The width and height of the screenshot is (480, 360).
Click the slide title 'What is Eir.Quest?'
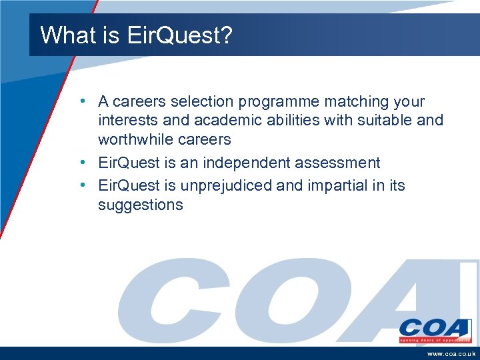coord(136,35)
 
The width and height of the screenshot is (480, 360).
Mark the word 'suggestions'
coord(140,205)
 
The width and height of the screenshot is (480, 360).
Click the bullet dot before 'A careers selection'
coord(81,101)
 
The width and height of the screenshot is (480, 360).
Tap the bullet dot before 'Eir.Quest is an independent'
coord(81,162)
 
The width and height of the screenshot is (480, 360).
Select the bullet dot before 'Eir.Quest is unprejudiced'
coord(81,185)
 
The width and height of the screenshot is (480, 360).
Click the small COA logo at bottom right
coord(435,331)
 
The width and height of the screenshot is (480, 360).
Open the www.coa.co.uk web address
coord(451,354)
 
